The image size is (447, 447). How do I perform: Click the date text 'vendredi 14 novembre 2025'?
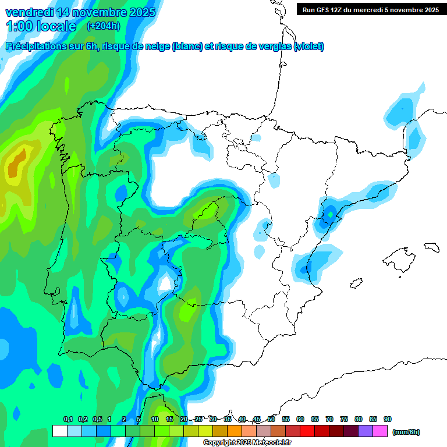pos(80,12)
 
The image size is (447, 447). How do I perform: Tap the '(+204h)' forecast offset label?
pos(103,26)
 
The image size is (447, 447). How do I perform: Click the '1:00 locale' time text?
pos(41,26)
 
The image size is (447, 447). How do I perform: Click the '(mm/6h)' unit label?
pos(406,432)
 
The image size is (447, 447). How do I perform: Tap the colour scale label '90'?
pos(388,419)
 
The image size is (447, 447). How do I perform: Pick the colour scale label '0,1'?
pos(68,419)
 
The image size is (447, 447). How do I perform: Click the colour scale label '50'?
pos(271,419)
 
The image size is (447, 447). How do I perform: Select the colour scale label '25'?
pos(198,419)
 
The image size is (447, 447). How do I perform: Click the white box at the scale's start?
pos(59,431)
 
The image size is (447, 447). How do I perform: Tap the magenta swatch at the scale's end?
pos(380,431)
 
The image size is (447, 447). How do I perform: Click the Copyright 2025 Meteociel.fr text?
pos(247,443)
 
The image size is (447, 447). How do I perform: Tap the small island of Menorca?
pos(431,247)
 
